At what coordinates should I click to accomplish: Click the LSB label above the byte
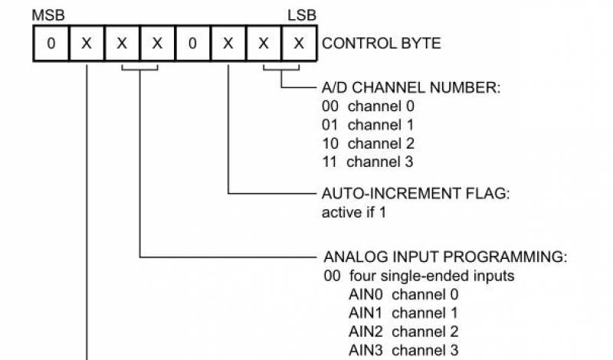[x=302, y=15]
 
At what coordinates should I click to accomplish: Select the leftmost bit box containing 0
[x=51, y=44]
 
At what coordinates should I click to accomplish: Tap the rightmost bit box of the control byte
[x=298, y=44]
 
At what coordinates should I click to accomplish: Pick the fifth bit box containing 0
[x=192, y=44]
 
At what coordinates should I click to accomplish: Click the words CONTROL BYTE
[x=382, y=44]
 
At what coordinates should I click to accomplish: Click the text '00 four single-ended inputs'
[x=407, y=276]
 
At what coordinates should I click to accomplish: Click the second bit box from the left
[x=87, y=44]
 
